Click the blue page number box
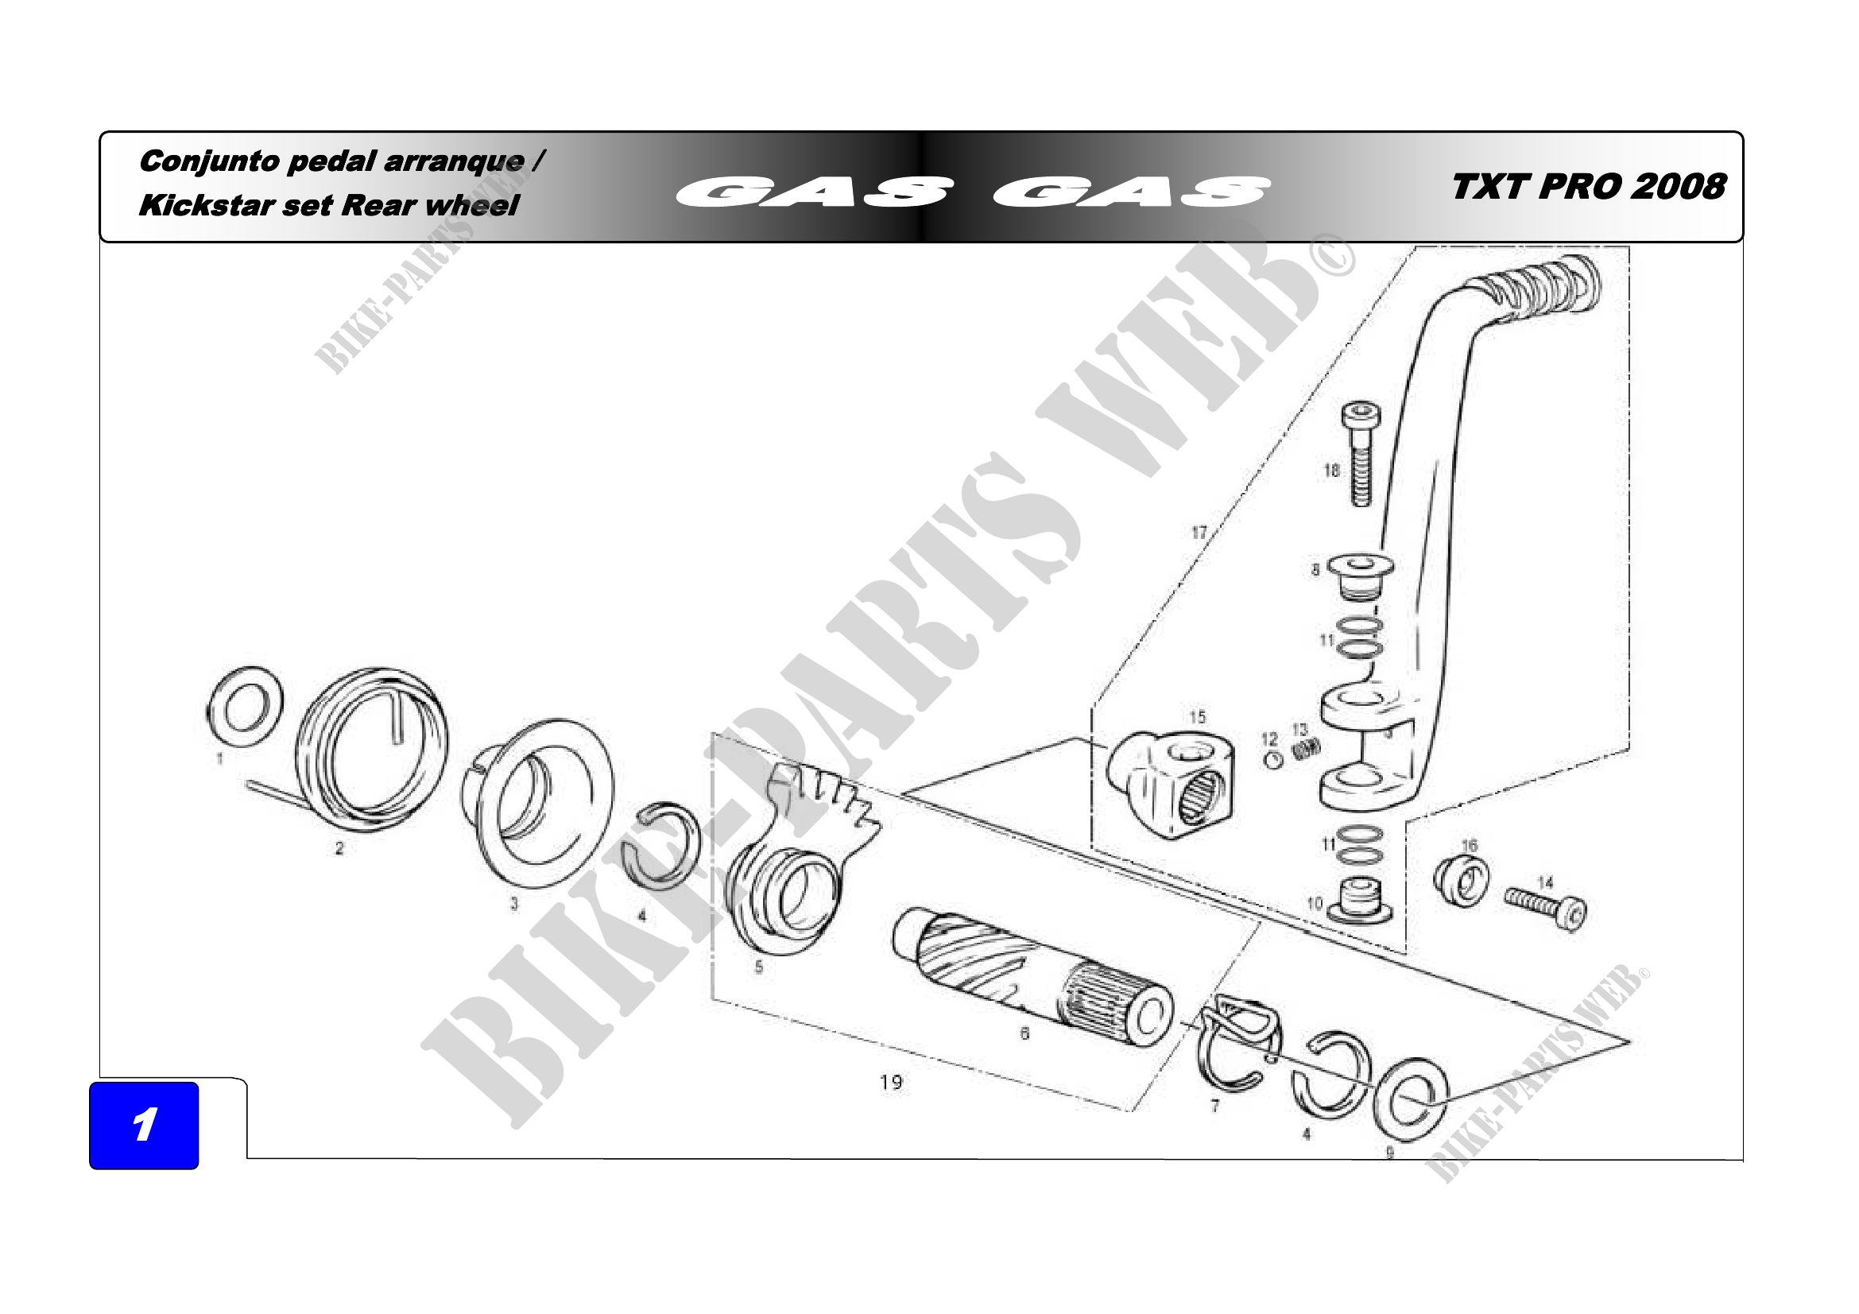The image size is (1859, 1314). point(144,1125)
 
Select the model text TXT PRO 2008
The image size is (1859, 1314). point(1588,187)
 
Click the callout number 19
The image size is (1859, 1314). point(891,1082)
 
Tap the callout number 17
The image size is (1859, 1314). point(1199,532)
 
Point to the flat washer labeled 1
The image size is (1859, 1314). point(246,707)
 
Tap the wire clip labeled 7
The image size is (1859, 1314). point(1235,1045)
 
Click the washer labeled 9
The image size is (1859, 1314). point(1411,1099)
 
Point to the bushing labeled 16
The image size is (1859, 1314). point(1460,882)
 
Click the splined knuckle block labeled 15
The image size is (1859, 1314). point(1174,783)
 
